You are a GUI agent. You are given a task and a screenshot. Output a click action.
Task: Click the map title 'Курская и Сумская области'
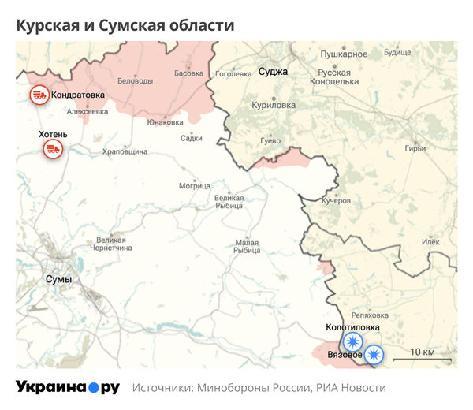pos(126,25)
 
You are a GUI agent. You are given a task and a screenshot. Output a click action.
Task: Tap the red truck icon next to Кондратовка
pos(38,96)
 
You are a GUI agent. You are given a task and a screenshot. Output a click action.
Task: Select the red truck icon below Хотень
pos(53,148)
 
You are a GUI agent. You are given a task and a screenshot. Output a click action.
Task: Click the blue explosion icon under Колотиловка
pos(352,341)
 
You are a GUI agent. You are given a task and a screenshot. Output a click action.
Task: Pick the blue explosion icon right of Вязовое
pos(373,355)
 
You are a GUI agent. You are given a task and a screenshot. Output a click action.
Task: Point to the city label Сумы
pos(58,279)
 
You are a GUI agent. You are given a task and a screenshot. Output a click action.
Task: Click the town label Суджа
pos(274,72)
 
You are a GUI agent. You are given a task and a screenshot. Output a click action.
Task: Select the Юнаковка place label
pos(166,122)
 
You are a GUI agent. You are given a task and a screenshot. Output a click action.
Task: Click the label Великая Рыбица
pos(230,202)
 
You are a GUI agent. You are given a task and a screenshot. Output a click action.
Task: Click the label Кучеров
pos(336,201)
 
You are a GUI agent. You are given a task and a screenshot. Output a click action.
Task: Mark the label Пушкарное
pos(345,54)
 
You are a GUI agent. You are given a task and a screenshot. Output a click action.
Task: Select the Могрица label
pos(195,186)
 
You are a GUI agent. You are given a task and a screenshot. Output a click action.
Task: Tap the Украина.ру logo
pos(68,387)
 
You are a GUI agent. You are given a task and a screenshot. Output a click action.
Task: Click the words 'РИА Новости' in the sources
pos(352,388)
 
